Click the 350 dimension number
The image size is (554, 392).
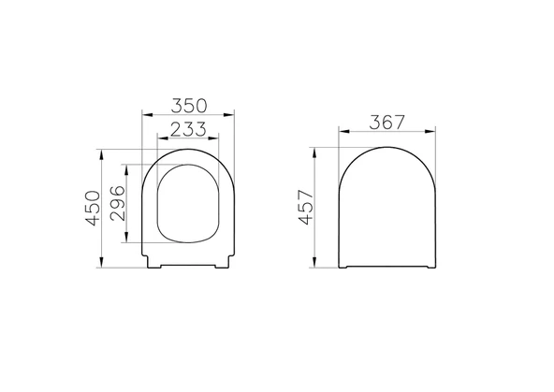coord(187,104)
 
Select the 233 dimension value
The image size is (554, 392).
coord(187,125)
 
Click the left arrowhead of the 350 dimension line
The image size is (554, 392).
coord(143,114)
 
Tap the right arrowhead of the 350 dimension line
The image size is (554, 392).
coord(232,114)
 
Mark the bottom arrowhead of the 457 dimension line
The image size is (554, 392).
coord(319,267)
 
